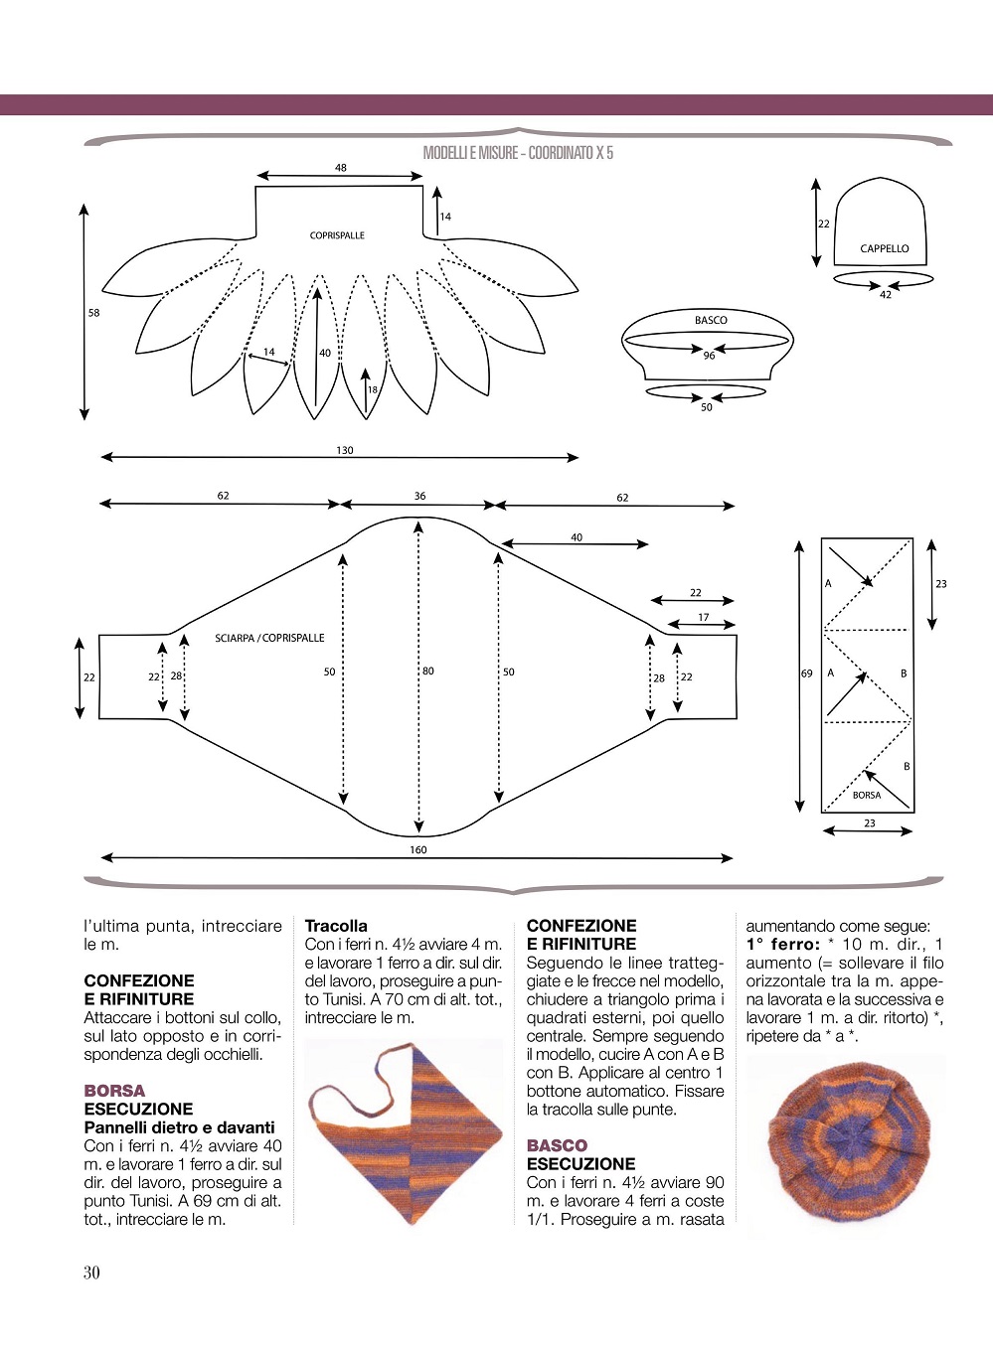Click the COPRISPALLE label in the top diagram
[x=337, y=235]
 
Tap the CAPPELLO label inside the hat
[x=884, y=248]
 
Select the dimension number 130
[x=345, y=450]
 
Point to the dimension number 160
[x=418, y=849]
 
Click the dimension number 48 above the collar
[x=340, y=168]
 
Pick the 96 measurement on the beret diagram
[x=709, y=356]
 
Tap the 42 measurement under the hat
[x=886, y=294]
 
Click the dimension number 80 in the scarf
[x=427, y=671]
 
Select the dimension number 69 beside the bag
[x=806, y=673]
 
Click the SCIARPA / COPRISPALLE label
[x=269, y=638]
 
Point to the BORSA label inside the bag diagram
[x=867, y=795]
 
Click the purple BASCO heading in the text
[x=557, y=1145]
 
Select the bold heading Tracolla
[x=336, y=926]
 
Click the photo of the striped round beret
[x=846, y=1138]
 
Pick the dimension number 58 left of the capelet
[x=93, y=313]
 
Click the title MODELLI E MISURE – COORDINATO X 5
[x=518, y=153]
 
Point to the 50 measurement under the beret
[x=706, y=407]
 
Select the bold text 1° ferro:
[x=783, y=945]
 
